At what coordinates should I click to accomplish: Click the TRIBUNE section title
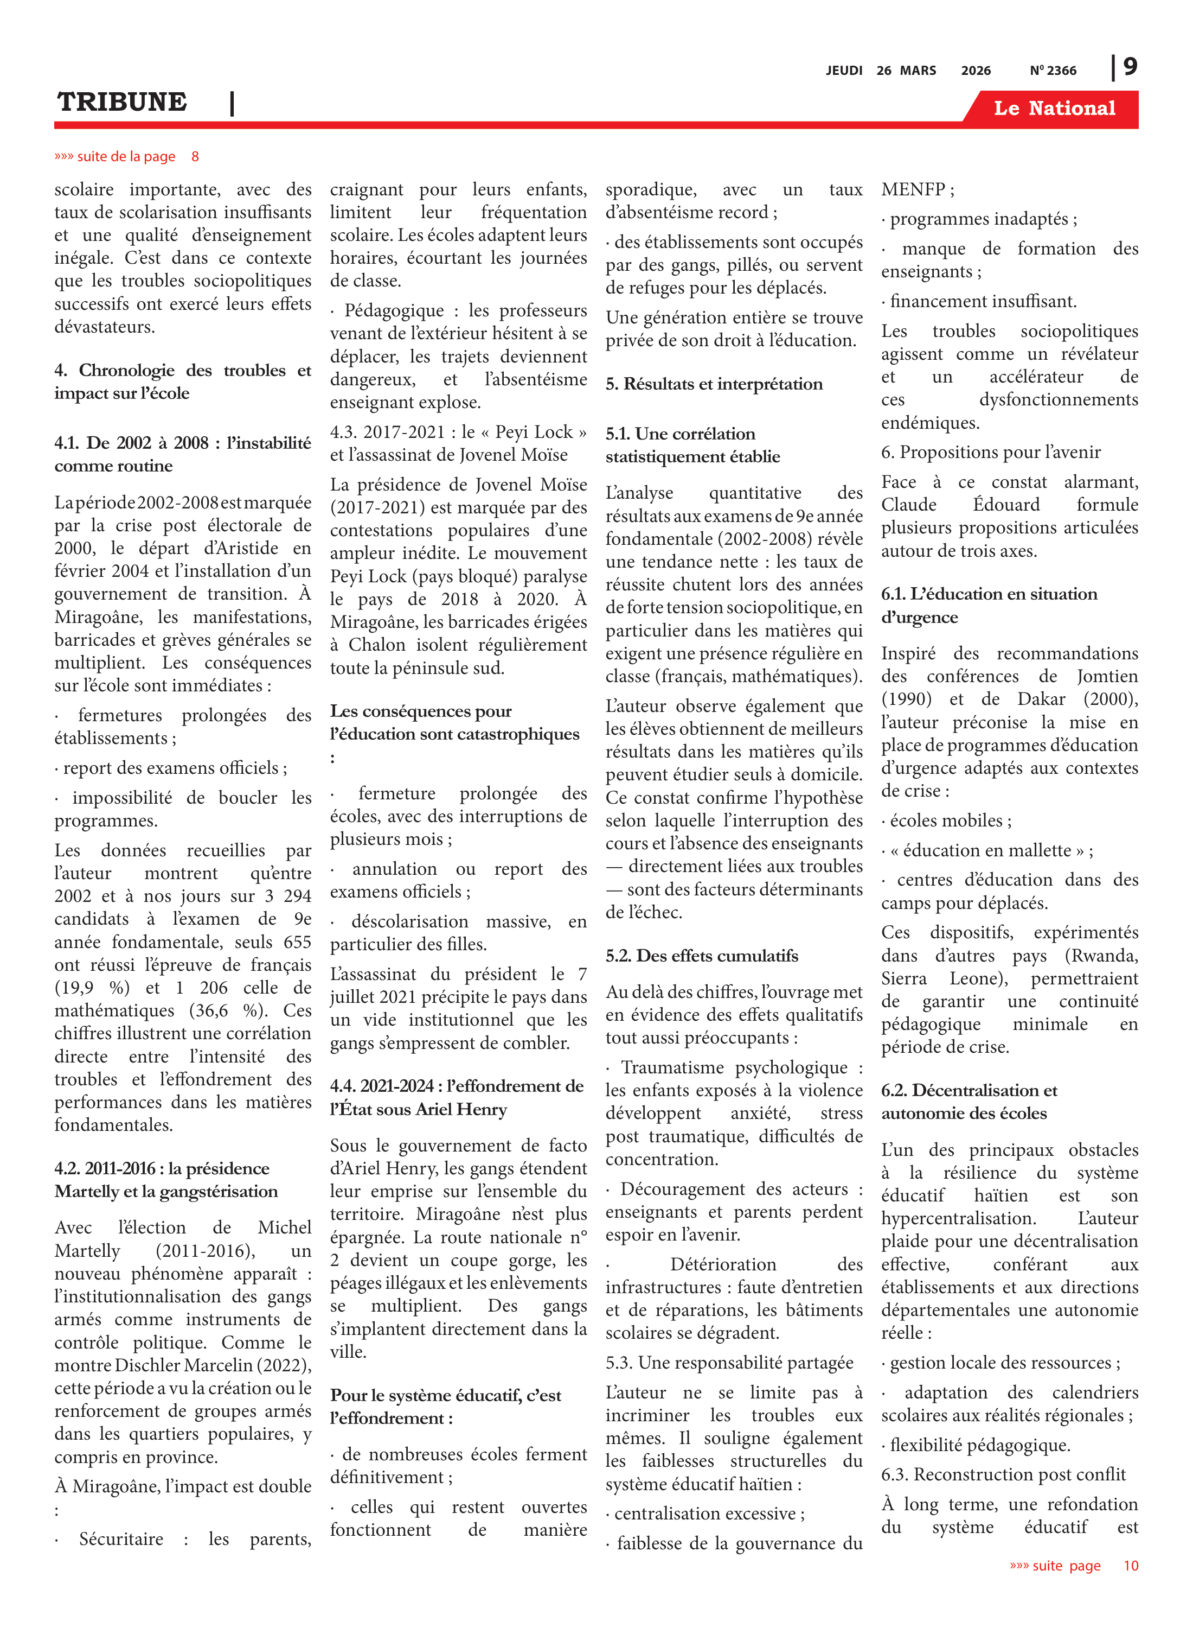tap(122, 103)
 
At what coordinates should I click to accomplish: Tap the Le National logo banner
tap(1054, 109)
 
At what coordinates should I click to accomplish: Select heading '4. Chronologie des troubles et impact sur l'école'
tap(183, 381)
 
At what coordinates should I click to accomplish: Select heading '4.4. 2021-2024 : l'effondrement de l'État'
tap(457, 1097)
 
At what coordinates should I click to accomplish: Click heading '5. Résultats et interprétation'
tap(714, 384)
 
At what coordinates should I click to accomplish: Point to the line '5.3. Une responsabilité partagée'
tap(729, 1362)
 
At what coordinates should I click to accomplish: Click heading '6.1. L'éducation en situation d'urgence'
tap(989, 605)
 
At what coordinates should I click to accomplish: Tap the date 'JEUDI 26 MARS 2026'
tap(908, 71)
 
